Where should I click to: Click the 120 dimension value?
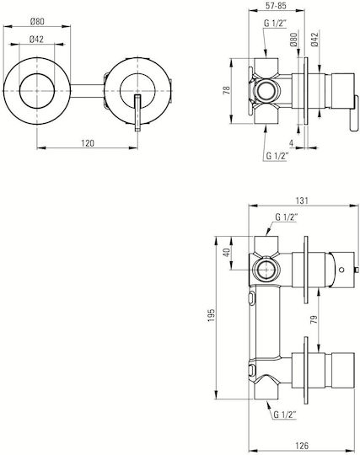[x=88, y=142]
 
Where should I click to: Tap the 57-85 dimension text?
[x=276, y=6]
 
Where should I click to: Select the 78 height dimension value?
[x=227, y=90]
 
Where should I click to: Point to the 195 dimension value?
[x=211, y=315]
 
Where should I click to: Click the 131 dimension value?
[x=302, y=201]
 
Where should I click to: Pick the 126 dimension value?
[x=302, y=446]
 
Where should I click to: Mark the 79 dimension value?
[x=314, y=319]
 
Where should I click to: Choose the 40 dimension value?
[x=227, y=252]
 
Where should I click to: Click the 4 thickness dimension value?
[x=291, y=142]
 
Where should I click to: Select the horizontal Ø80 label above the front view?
[x=37, y=21]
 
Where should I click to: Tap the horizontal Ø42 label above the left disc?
[x=36, y=39]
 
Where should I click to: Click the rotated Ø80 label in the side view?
[x=293, y=39]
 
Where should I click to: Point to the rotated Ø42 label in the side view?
[x=314, y=40]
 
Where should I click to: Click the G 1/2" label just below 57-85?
[x=275, y=24]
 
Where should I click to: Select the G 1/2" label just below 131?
[x=287, y=217]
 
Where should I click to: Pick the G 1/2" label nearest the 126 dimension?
[x=285, y=415]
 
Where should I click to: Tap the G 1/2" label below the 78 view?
[x=277, y=157]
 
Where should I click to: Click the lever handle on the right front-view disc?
[x=137, y=113]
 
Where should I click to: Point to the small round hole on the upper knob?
[x=341, y=270]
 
